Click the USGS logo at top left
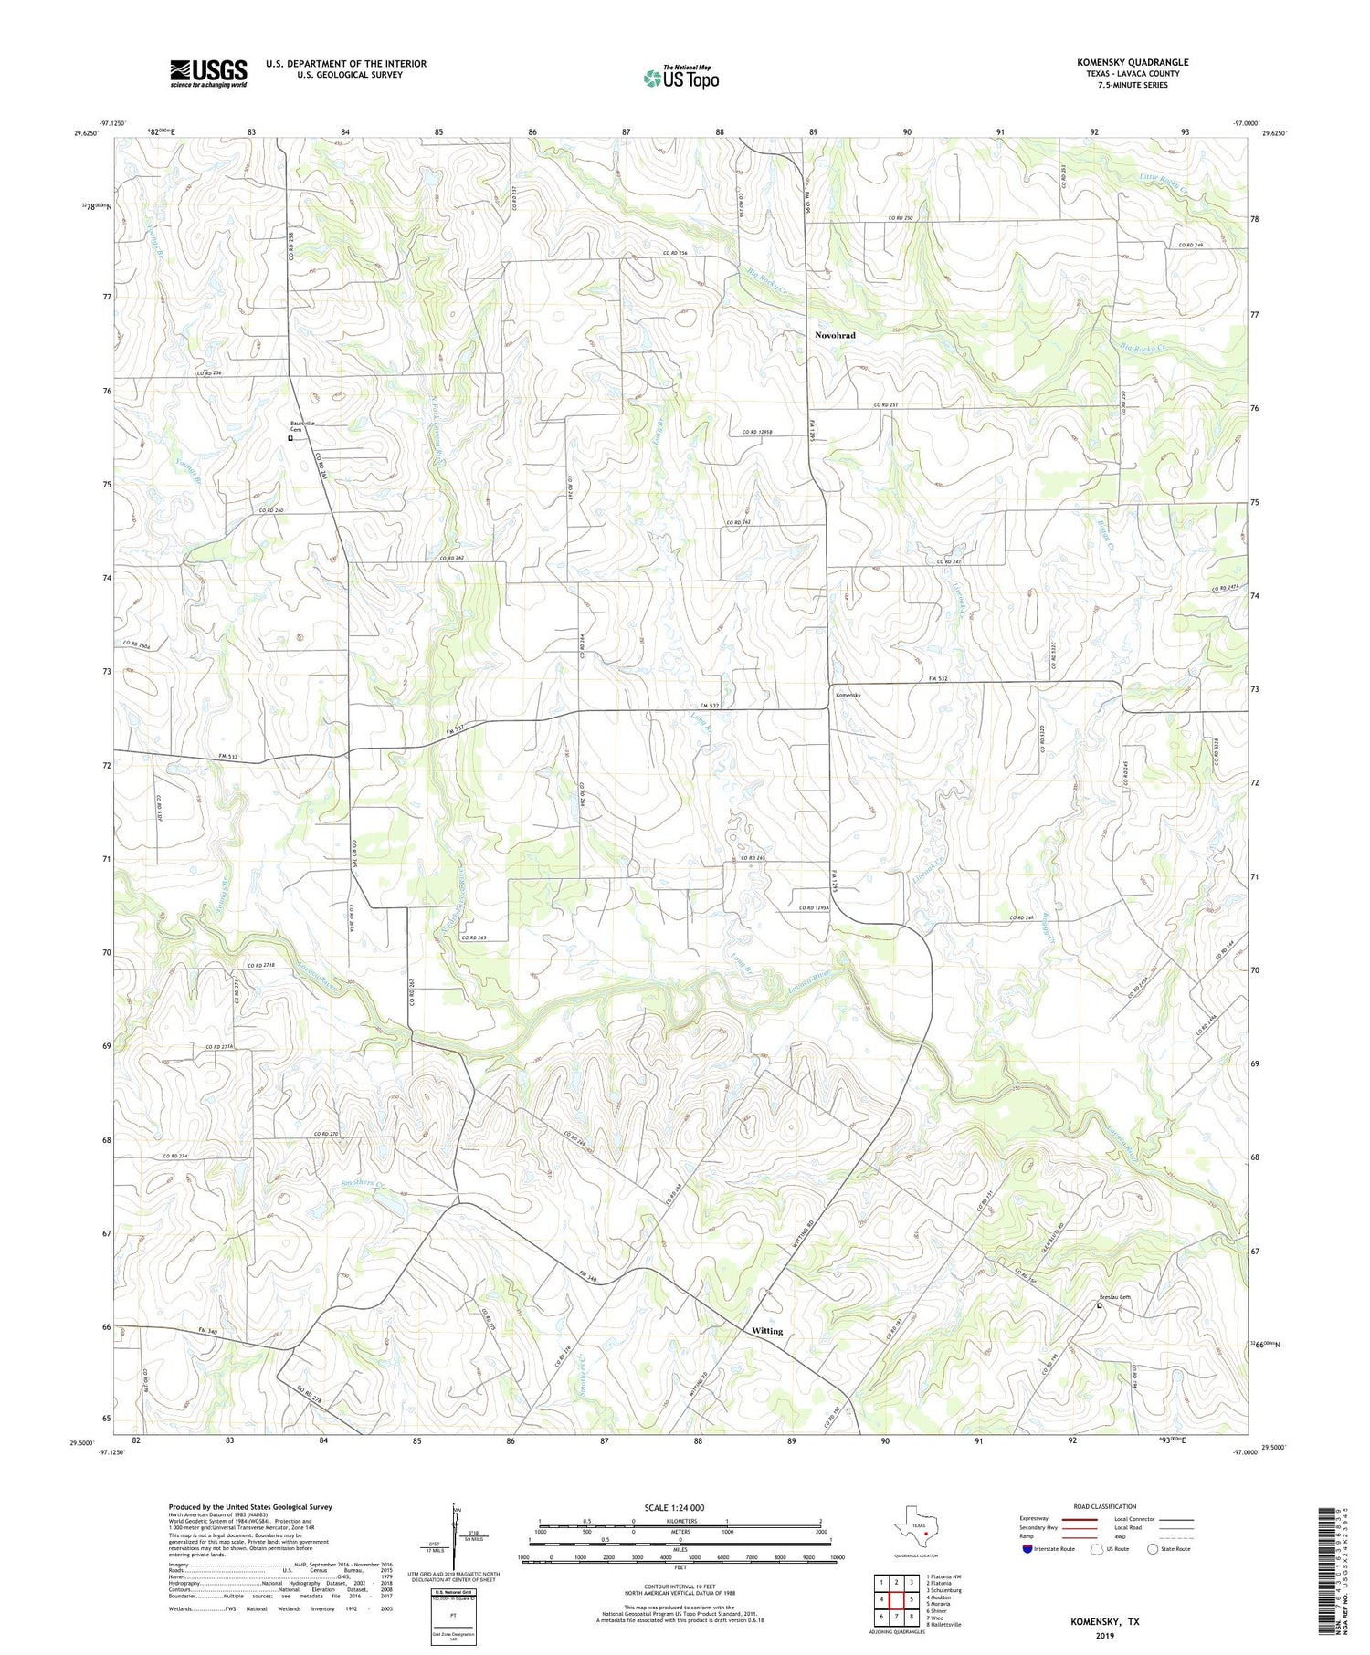pos(208,73)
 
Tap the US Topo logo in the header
pos(680,78)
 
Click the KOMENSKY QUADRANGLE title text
pos(1132,62)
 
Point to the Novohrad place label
pos(835,335)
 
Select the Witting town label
pos(767,1331)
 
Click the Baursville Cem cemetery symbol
pos(290,438)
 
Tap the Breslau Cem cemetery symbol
pos(1100,1306)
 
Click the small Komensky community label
pos(848,695)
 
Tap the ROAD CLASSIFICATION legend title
pos(1105,1506)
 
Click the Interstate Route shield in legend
pos(1027,1548)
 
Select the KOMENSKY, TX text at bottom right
pos(1105,1622)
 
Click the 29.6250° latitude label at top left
pos(84,133)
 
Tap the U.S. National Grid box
pos(453,1617)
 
